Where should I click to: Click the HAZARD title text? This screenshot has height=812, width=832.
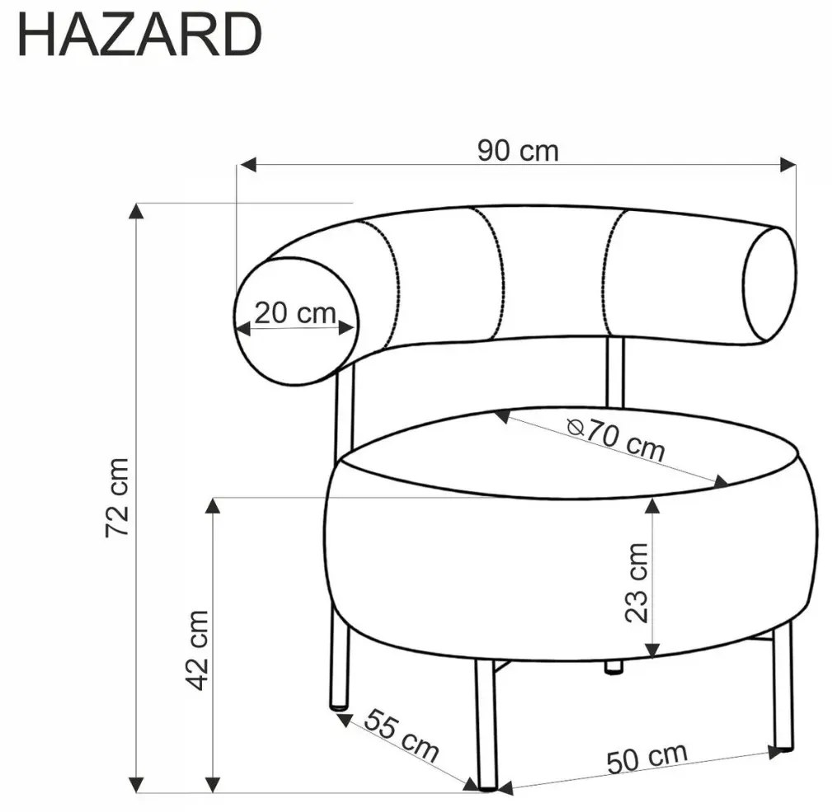pyautogui.click(x=139, y=35)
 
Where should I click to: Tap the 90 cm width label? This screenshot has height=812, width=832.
pyautogui.click(x=518, y=151)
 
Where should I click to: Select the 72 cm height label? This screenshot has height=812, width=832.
pyautogui.click(x=117, y=497)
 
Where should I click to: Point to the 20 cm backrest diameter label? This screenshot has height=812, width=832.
pyautogui.click(x=295, y=313)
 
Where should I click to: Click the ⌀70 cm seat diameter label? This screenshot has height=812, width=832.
pyautogui.click(x=615, y=439)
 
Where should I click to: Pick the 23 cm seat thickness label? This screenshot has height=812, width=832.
pyautogui.click(x=637, y=582)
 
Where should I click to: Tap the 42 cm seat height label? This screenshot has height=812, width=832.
pyautogui.click(x=199, y=650)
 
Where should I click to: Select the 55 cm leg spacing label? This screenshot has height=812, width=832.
pyautogui.click(x=401, y=735)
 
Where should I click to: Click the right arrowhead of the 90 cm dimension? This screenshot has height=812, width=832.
pyautogui.click(x=788, y=164)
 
